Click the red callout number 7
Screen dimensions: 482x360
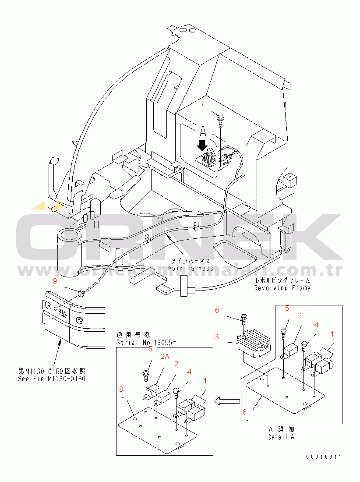[x=202, y=104]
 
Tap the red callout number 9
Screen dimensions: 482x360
[x=55, y=280]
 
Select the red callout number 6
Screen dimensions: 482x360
[x=216, y=310]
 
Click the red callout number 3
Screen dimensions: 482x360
[x=216, y=337]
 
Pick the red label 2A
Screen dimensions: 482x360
[x=165, y=357]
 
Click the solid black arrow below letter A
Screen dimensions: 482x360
[x=202, y=145]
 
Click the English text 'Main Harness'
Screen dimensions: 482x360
[x=191, y=268]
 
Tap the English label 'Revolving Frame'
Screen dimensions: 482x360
[x=282, y=288]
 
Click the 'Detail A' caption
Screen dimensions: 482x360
[x=281, y=437]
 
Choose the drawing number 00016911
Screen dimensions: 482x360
[x=324, y=457]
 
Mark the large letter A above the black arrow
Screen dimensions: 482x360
[x=203, y=131]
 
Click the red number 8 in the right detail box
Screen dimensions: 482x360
[x=245, y=412]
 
